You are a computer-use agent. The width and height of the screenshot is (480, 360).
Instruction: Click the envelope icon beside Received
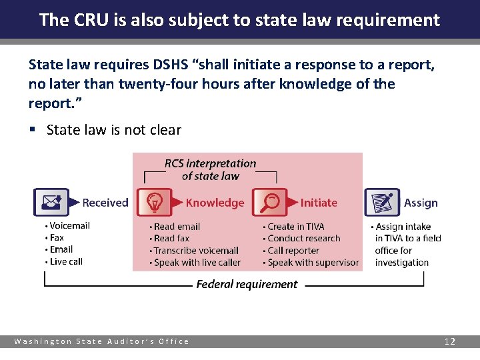(x=51, y=202)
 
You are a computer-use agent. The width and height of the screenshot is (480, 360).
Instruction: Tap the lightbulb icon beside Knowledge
(x=154, y=202)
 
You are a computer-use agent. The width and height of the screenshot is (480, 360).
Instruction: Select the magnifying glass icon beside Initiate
(x=269, y=202)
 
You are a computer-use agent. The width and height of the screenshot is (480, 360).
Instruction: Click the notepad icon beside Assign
(x=382, y=202)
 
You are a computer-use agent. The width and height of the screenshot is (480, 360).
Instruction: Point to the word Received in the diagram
(x=105, y=203)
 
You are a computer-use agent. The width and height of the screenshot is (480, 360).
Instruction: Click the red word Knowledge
(x=215, y=203)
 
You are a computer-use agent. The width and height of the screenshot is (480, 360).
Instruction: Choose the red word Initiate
(x=319, y=203)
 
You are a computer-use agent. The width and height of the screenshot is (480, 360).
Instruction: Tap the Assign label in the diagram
(x=421, y=203)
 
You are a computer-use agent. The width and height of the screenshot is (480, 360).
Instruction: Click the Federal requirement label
(x=247, y=285)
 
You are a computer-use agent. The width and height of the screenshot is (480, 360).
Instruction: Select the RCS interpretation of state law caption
(x=210, y=169)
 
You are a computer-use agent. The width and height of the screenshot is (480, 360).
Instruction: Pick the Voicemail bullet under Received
(x=69, y=225)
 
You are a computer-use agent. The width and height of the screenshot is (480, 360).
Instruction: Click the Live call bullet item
(x=66, y=261)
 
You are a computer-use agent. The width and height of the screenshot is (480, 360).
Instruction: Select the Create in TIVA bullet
(x=295, y=227)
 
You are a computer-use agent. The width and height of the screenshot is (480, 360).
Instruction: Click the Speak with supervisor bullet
(x=313, y=263)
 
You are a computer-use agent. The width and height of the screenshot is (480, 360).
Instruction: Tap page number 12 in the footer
(x=450, y=341)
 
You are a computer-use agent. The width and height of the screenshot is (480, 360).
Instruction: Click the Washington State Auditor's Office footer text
(x=102, y=341)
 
